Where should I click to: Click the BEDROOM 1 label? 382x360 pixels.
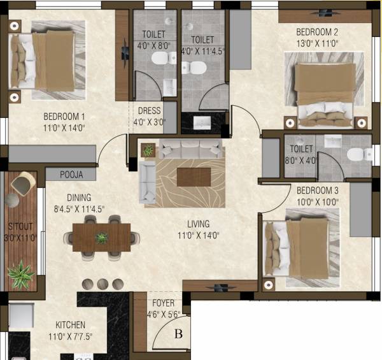tap(64, 117)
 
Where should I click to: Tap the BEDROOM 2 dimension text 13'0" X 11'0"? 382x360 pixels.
tap(316, 44)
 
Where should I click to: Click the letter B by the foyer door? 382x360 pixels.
tap(179, 333)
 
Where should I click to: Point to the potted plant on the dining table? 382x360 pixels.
tap(101, 238)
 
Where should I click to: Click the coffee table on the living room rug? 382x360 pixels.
tap(194, 176)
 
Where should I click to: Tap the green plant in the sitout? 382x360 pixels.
tap(21, 275)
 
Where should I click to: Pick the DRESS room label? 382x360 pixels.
tap(148, 111)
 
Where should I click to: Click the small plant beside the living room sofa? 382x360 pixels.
tap(148, 150)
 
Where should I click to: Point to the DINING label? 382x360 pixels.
tap(78, 198)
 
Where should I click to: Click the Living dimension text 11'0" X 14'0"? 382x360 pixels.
tap(198, 234)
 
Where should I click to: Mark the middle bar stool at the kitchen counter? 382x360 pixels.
tap(102, 284)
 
